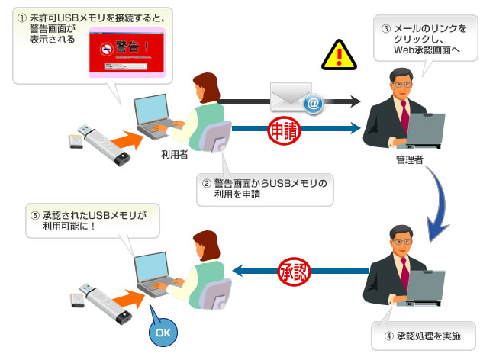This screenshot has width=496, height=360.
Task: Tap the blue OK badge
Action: pyautogui.click(x=163, y=332)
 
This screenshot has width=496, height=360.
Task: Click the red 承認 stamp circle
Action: pyautogui.click(x=293, y=271)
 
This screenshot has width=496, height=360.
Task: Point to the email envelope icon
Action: pyautogui.click(x=294, y=98)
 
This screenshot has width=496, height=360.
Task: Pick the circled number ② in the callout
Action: pyautogui.click(x=205, y=183)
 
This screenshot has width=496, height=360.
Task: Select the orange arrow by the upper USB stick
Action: pyautogui.click(x=122, y=140)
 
